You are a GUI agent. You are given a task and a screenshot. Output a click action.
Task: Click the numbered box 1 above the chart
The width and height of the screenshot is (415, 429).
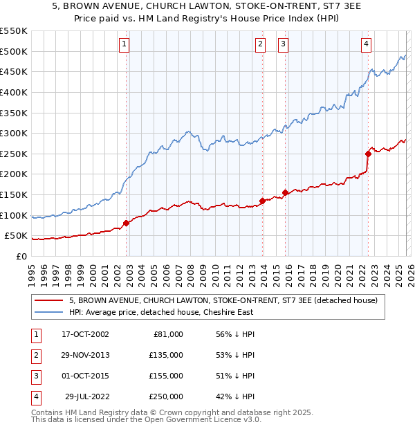pyautogui.click(x=124, y=45)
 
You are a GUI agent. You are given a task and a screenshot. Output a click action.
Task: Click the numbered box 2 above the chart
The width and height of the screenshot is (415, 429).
pyautogui.click(x=261, y=45)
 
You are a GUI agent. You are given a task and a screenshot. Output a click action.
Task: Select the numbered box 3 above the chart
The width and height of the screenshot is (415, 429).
pyautogui.click(x=284, y=45)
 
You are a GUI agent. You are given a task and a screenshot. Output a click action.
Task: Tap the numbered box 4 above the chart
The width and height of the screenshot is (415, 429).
pyautogui.click(x=366, y=45)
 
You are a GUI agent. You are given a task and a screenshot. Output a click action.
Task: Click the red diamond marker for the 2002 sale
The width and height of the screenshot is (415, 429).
pyautogui.click(x=127, y=223)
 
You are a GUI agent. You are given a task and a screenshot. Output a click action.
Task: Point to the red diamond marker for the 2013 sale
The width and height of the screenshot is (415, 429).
pyautogui.click(x=263, y=201)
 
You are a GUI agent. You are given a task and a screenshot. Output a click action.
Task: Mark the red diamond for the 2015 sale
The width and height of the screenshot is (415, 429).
pyautogui.click(x=286, y=192)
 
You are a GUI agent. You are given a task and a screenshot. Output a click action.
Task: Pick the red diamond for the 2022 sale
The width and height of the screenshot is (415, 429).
pyautogui.click(x=369, y=154)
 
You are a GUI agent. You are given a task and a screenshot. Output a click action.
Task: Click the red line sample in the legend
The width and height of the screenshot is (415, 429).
pyautogui.click(x=50, y=301)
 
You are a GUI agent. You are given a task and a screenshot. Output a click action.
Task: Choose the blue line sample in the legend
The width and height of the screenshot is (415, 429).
pyautogui.click(x=50, y=312)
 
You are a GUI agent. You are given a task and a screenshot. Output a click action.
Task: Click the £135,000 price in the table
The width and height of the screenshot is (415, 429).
pyautogui.click(x=167, y=355)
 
